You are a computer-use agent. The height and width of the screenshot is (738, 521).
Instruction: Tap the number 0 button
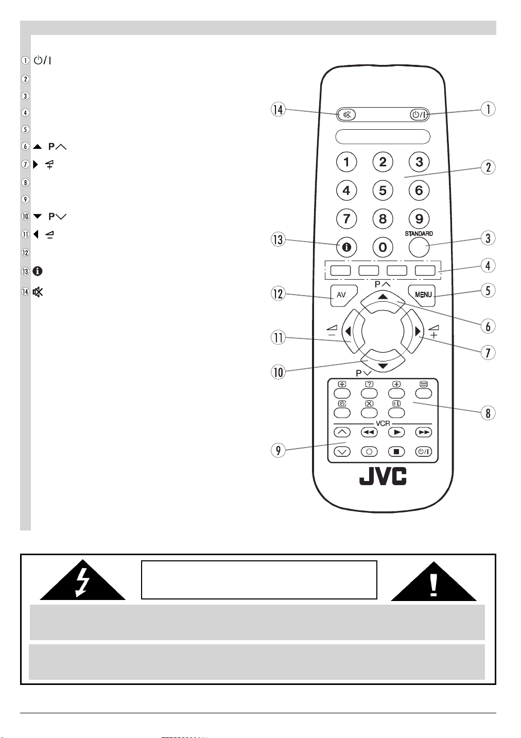[x=383, y=247]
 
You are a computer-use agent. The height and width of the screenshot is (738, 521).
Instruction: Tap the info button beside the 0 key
[x=346, y=247]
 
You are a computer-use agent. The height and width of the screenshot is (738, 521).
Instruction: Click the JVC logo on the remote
[x=383, y=476]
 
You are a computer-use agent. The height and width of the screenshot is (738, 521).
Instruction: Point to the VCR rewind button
[x=369, y=432]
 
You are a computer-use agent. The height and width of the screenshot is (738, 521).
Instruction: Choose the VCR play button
[x=396, y=432]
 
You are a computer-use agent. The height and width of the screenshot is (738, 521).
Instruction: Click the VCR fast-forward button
[x=424, y=432]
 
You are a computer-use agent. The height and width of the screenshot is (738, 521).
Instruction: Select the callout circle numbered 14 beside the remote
[x=279, y=109]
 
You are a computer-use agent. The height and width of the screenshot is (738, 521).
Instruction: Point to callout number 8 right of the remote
[x=488, y=413]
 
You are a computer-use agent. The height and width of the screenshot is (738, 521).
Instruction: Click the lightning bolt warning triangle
[x=83, y=580]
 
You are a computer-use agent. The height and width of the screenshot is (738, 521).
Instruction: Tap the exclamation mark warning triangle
[x=433, y=581]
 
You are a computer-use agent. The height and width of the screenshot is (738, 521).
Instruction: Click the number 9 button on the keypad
[x=419, y=218]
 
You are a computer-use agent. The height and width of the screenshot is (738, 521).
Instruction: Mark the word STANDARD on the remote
[x=419, y=234]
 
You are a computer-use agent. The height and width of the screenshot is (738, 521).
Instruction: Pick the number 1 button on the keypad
[x=346, y=162]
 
